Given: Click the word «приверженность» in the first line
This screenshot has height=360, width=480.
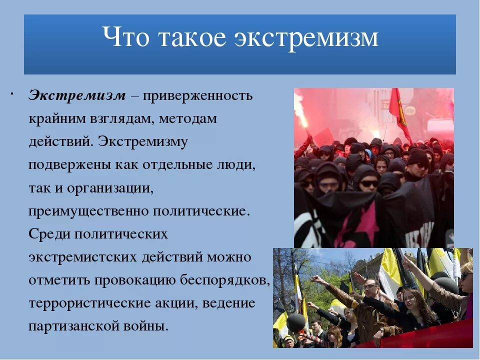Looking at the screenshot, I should point(198,95).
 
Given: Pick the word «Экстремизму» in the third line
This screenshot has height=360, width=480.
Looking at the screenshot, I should point(143,141).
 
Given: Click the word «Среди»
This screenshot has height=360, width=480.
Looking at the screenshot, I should point(49,234).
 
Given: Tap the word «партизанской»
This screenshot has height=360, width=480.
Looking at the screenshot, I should point(77,327).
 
